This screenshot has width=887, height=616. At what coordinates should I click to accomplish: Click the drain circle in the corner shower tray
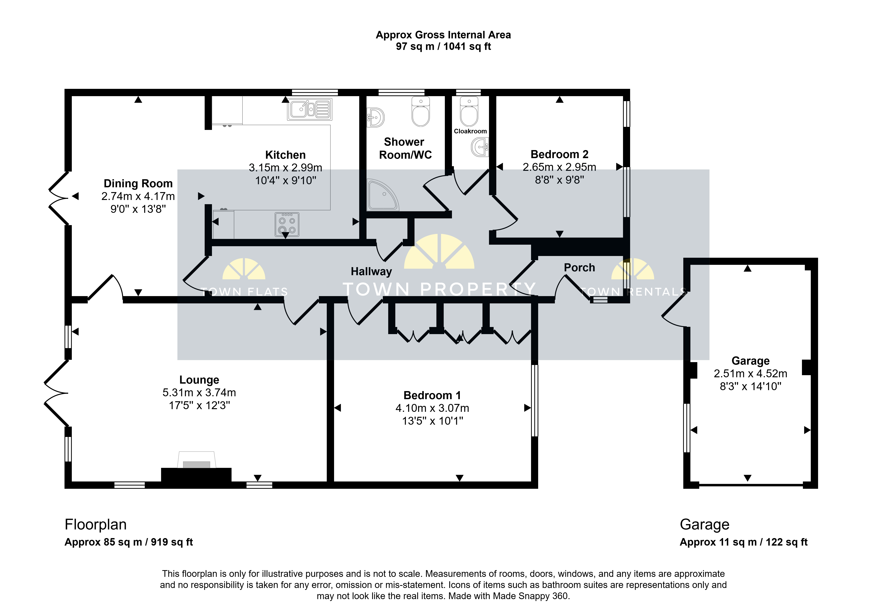point(384,194)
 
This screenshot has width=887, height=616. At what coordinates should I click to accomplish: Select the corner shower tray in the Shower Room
point(382,195)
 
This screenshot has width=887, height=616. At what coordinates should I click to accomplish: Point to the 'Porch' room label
point(579,268)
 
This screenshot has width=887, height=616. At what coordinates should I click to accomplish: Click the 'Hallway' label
point(371,272)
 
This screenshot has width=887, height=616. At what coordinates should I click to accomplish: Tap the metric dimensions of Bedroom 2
point(559,167)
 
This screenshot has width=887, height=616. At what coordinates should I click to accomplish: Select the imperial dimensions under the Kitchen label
point(285,180)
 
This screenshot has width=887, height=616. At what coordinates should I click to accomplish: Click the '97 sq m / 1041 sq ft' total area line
point(443,47)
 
